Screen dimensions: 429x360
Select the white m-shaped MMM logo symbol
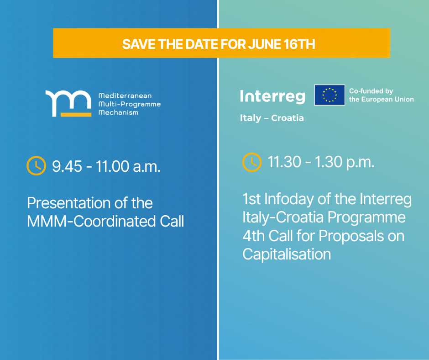[68, 101]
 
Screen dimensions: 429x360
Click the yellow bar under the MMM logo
[76, 115]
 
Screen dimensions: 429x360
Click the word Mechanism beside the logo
[119, 112]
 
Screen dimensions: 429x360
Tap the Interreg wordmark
[272, 96]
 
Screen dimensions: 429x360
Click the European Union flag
[330, 95]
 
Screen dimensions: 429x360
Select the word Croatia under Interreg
[287, 118]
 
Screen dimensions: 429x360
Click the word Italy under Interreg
[251, 118]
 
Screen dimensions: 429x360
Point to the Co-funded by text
[371, 91]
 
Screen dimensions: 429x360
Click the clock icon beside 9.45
[36, 166]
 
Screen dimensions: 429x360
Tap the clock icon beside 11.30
[252, 163]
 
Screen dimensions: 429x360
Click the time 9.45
[67, 166]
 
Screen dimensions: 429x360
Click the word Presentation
[68, 203]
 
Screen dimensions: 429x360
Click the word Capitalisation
[287, 254]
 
